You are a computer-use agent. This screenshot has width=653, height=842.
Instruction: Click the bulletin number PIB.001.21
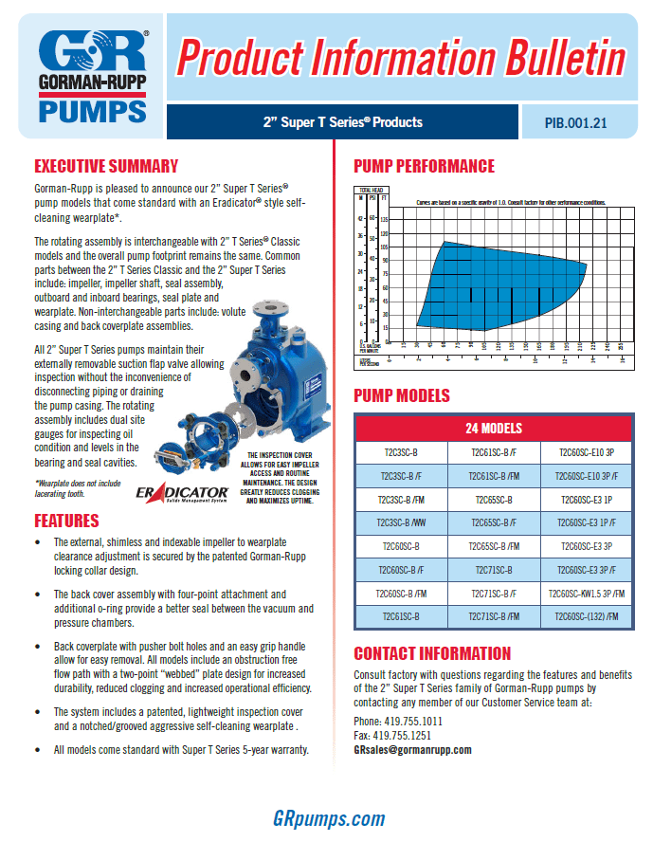point(575,122)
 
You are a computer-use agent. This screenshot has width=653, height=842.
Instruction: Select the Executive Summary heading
point(106,166)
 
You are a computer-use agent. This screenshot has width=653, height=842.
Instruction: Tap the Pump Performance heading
point(424,166)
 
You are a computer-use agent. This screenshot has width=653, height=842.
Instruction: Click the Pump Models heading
point(402,395)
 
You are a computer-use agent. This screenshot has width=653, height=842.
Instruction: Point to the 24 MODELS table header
point(492,428)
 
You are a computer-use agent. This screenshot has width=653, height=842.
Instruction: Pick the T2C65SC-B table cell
point(492,499)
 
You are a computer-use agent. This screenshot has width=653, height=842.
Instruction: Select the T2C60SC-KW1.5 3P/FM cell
point(583,594)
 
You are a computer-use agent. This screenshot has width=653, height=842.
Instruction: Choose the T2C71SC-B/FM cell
point(492,617)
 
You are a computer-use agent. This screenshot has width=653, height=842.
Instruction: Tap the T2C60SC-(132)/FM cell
point(583,617)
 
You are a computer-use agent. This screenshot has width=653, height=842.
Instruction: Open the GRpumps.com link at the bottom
point(329,818)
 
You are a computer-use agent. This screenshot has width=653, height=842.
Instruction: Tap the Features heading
point(66,521)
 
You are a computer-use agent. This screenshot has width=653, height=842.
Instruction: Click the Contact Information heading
point(431,653)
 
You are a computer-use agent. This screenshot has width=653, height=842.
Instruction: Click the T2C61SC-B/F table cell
point(492,451)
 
